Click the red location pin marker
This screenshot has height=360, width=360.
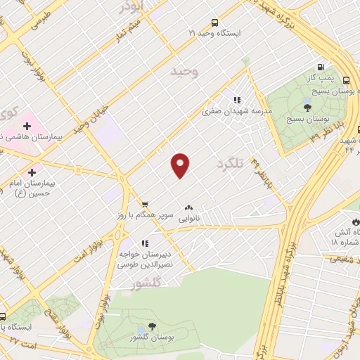tap(181, 165)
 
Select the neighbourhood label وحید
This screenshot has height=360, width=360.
tap(185, 72)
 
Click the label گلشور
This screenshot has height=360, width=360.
tap(147, 283)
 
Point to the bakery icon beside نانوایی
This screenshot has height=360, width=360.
tap(188, 207)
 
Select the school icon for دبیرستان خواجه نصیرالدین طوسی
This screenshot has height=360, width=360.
tap(146, 243)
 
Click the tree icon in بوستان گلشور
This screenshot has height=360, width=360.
tap(152, 326)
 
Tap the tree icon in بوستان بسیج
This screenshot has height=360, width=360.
tap(307, 108)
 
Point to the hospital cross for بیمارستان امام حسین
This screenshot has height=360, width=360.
tap(32, 171)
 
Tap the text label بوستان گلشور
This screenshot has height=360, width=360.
tap(151, 338)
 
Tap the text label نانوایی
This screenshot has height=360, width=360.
tap(188, 219)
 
